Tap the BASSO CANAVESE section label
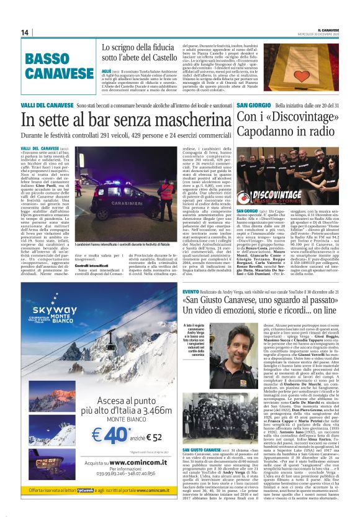click(56, 66)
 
